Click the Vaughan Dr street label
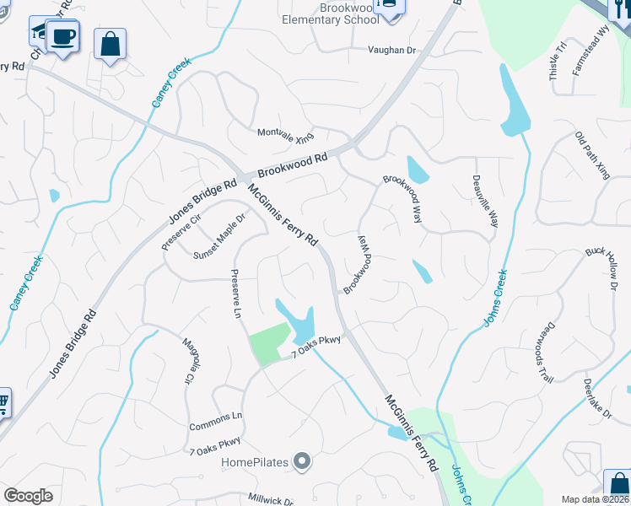pos(392,51)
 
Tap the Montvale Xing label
pos(285,133)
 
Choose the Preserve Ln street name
pos(237,294)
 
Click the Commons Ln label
pos(216,417)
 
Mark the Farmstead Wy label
pos(591,51)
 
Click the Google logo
pos(28,496)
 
